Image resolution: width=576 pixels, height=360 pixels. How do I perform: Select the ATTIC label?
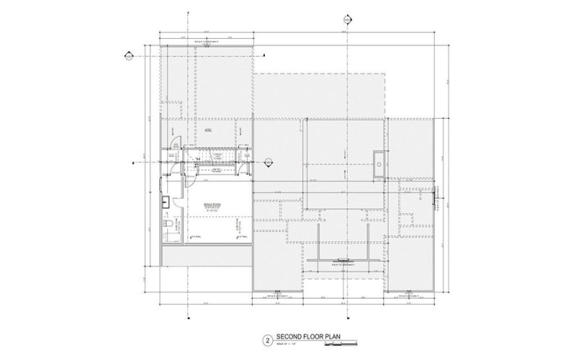click(207, 130)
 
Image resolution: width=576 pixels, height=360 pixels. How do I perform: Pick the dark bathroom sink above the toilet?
click(165, 201)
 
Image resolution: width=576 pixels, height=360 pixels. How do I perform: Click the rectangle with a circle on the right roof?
click(379, 159)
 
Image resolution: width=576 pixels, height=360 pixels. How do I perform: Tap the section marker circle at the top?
click(348, 19)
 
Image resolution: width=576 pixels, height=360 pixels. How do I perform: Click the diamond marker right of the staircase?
click(268, 161)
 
